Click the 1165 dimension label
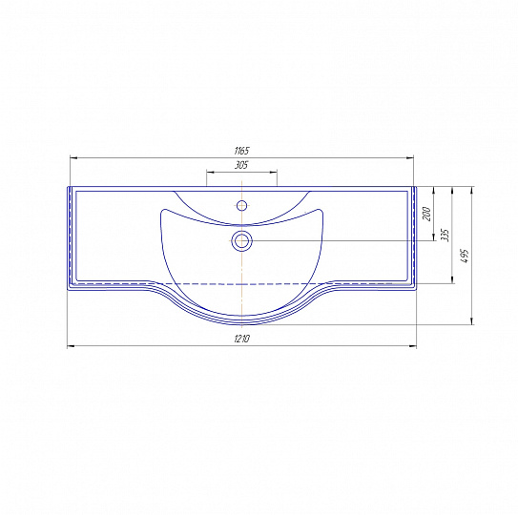(241, 151)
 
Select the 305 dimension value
(241, 165)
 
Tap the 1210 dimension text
(242, 339)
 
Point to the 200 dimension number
(426, 214)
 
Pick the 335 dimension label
(445, 236)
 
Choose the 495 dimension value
(465, 256)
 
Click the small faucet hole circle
(241, 205)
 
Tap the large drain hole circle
(241, 241)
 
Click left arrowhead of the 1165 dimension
(73, 158)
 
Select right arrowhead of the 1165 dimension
(410, 158)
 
